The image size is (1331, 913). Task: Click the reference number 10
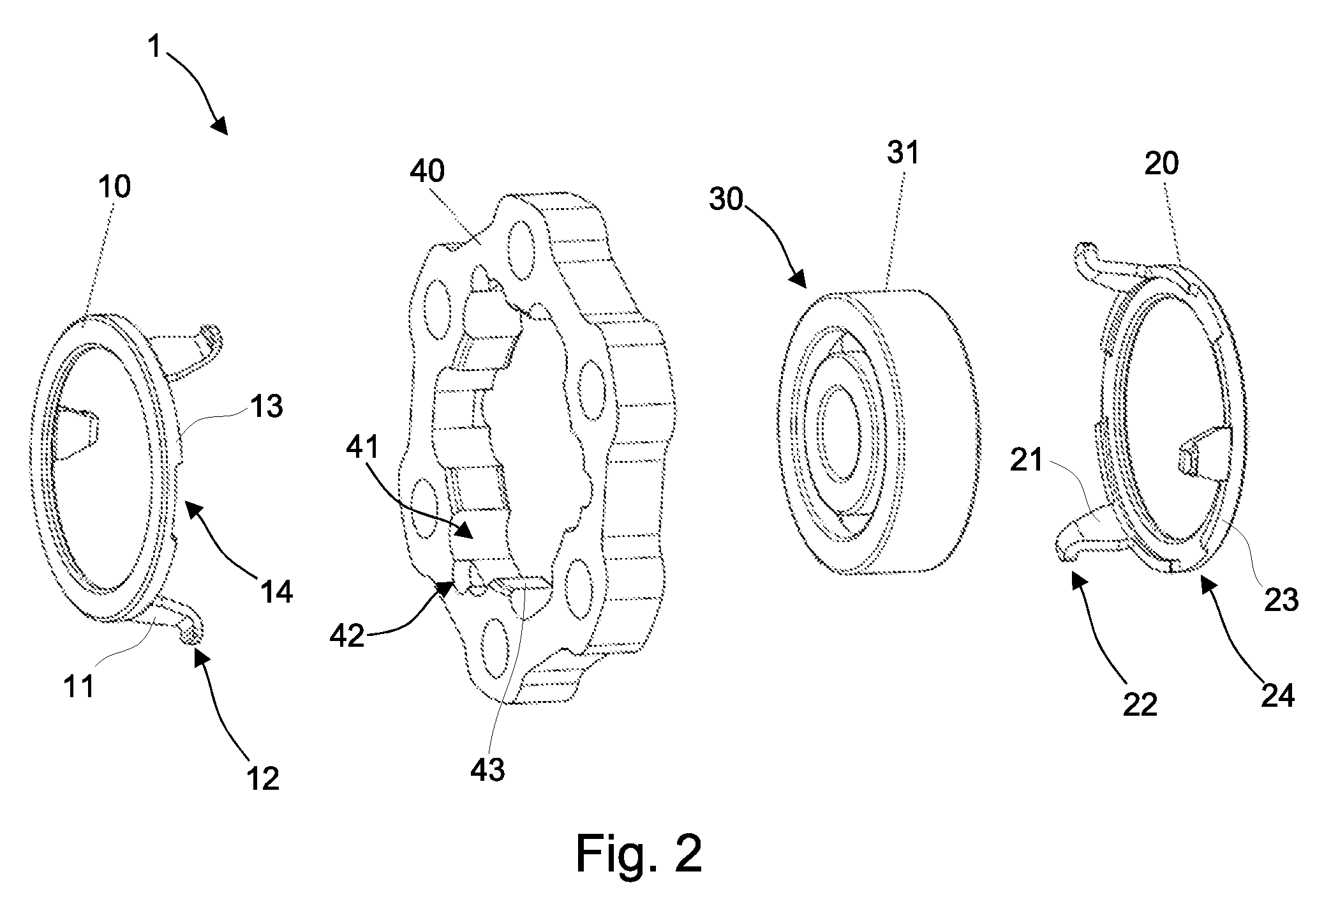(x=115, y=186)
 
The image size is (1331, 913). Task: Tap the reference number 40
(x=428, y=171)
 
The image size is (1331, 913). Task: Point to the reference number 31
(x=903, y=154)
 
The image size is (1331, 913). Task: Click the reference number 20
(x=1161, y=164)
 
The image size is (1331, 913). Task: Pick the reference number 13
(x=266, y=406)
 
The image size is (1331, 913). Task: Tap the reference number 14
(x=276, y=592)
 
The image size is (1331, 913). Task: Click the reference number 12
(x=263, y=779)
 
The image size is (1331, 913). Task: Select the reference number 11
(x=79, y=687)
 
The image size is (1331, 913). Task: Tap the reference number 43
(x=487, y=771)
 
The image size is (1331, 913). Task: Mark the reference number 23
(x=1281, y=601)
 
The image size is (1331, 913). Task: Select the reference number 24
(x=1277, y=695)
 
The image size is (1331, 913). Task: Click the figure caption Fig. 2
(x=639, y=854)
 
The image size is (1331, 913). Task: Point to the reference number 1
(x=155, y=47)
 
